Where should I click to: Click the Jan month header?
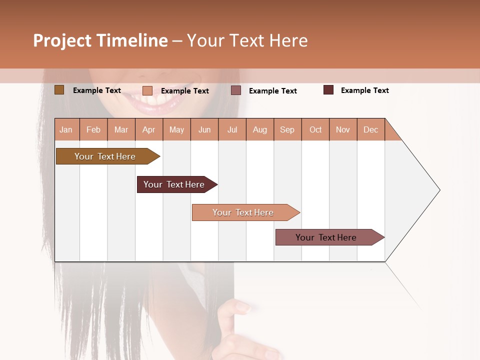click(x=66, y=129)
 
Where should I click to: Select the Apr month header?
click(x=149, y=129)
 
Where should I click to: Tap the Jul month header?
click(x=232, y=129)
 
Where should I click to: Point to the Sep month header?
click(x=287, y=129)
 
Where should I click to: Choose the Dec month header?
click(x=370, y=129)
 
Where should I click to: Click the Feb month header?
click(x=93, y=129)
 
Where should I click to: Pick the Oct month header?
click(x=315, y=129)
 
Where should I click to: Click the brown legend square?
click(x=59, y=90)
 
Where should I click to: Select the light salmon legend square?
click(x=147, y=90)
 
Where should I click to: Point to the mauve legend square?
click(x=236, y=90)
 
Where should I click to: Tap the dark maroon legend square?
click(x=328, y=90)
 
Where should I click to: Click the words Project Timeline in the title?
click(x=100, y=40)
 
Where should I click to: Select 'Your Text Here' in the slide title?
click(x=247, y=40)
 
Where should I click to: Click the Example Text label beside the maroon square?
click(x=364, y=90)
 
